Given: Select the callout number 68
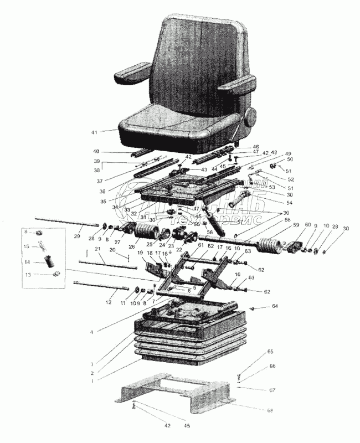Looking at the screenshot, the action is click(x=270, y=410).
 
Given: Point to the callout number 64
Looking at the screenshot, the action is click(x=274, y=306).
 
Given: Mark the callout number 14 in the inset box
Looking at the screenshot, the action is click(x=26, y=262).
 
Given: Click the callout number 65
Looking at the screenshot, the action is click(x=270, y=352).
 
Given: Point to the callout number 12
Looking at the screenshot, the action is click(x=109, y=302).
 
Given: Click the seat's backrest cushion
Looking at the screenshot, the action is click(x=197, y=61).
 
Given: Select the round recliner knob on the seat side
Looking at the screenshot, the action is click(x=250, y=119).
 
